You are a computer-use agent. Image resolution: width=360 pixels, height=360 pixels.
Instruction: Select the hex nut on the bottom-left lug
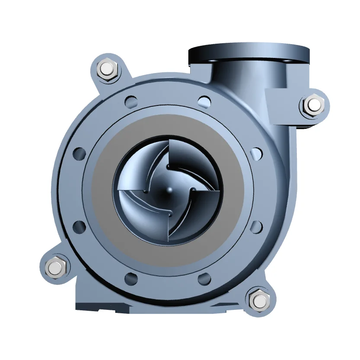(55, 268)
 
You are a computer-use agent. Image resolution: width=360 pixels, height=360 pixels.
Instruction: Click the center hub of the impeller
(169, 190)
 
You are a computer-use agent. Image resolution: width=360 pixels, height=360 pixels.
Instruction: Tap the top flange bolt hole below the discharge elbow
(205, 102)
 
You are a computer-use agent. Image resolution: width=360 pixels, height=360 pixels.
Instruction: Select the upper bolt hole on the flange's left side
(80, 153)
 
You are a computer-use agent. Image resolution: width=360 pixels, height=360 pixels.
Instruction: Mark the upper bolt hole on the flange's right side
(256, 153)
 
